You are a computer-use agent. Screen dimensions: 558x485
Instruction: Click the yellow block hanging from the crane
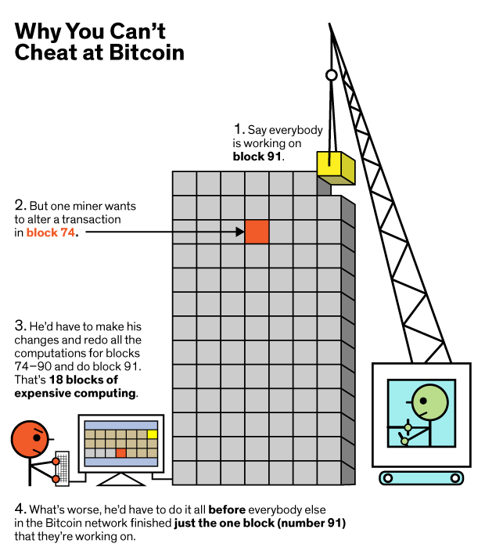[335, 167]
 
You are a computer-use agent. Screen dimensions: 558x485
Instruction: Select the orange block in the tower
[257, 232]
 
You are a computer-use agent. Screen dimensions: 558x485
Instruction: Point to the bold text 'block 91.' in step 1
[259, 156]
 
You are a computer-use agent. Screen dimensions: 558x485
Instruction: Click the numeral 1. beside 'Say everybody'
[239, 128]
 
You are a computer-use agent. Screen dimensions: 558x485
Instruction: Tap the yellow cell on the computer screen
[153, 434]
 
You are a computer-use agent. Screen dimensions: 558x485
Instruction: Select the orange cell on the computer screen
[120, 453]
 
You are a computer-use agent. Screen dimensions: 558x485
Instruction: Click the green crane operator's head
[426, 400]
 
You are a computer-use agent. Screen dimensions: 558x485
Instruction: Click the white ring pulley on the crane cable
[331, 76]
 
